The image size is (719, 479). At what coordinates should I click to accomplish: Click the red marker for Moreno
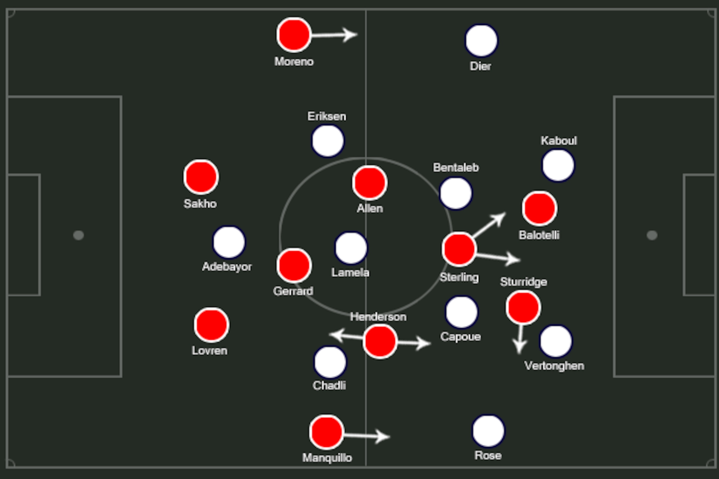coord(294,35)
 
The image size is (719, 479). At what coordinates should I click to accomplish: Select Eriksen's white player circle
coord(327,141)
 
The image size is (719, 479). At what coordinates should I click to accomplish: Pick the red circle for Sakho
coord(201,177)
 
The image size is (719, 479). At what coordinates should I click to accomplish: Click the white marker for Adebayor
coord(229,242)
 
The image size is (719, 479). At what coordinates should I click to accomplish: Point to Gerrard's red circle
coord(294,265)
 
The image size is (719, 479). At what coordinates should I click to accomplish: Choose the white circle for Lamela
coord(351,248)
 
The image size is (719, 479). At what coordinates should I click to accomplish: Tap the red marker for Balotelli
coord(539,208)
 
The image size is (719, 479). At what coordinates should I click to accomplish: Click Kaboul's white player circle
coord(558,165)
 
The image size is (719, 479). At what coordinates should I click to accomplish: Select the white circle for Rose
coord(488,431)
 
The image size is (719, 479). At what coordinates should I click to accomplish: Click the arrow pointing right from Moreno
coord(334,35)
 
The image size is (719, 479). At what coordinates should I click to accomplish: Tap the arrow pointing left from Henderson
coord(346,336)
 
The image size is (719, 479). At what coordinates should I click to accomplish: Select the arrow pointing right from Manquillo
coord(367,436)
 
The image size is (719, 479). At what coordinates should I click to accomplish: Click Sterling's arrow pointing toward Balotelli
coord(489,224)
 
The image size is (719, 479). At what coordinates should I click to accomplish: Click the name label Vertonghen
coord(554,366)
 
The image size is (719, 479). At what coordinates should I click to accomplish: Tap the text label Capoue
coord(460,336)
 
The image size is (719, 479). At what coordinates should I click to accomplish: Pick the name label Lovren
coord(210,350)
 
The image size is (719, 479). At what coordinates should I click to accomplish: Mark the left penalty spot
coord(78,235)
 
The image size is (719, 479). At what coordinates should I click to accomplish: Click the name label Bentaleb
coord(456,167)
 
